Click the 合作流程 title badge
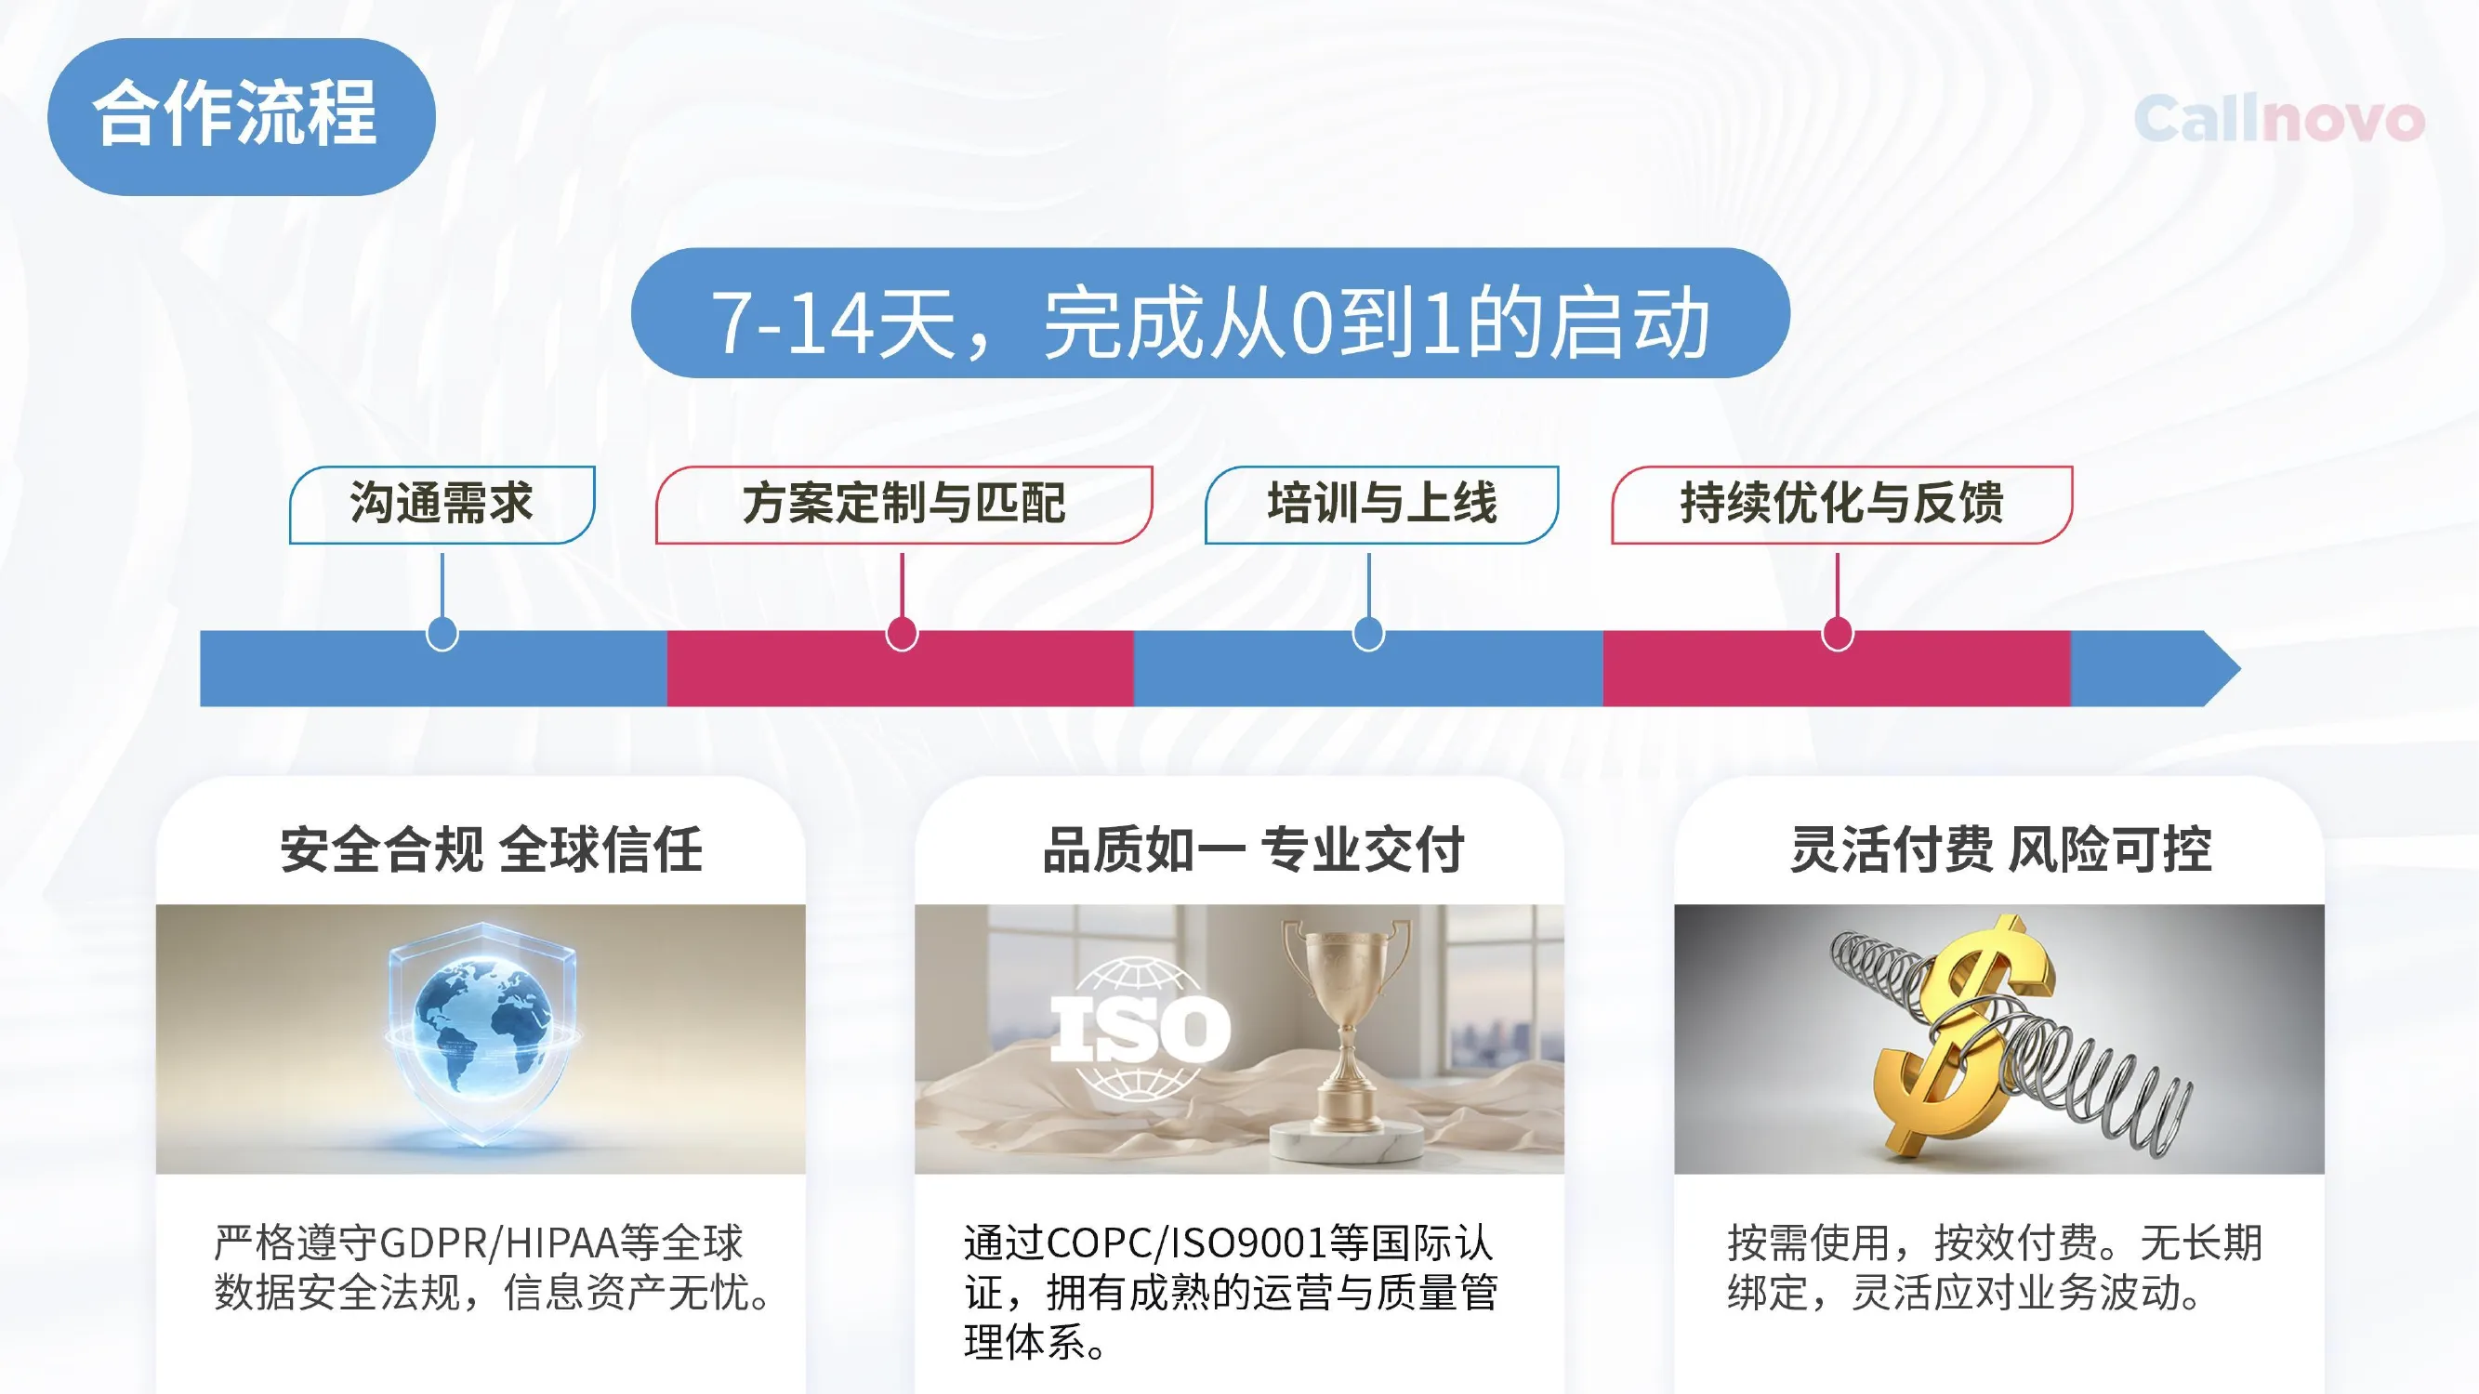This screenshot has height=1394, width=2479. coord(242,116)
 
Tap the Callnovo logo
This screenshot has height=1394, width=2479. coord(2279,119)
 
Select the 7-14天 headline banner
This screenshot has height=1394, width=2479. coord(1209,312)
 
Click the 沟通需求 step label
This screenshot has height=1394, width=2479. coord(442,504)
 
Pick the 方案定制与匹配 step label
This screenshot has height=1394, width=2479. coord(903,504)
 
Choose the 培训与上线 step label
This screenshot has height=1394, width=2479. coord(1382,504)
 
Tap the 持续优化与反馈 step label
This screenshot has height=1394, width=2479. coord(1842,504)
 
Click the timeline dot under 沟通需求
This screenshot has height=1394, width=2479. coord(442,634)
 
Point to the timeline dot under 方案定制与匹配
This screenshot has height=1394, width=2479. coord(902,634)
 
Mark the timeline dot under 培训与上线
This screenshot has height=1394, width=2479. coord(1368,634)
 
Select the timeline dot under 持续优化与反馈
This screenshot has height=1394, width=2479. coord(1837,634)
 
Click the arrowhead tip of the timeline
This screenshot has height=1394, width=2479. coord(2240,668)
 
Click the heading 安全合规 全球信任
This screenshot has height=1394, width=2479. coord(492,849)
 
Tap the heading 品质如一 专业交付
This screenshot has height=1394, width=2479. coord(1253,849)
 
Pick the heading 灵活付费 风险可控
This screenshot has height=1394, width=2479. coord(2000,849)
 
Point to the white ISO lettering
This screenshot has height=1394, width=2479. coord(1140,1029)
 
